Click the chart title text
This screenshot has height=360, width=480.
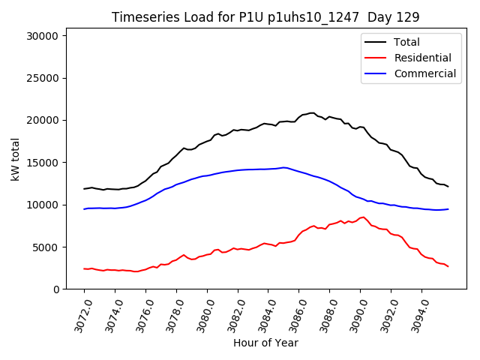coord(265,16)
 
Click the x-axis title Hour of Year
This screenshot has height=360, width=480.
coord(265,343)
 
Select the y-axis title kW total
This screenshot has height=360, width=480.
coord(15,162)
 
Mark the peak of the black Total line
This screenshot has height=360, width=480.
coord(311,113)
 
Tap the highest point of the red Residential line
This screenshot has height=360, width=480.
coord(364,217)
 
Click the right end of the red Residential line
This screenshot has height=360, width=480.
coord(448,266)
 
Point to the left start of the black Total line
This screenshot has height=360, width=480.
coord(84,188)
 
